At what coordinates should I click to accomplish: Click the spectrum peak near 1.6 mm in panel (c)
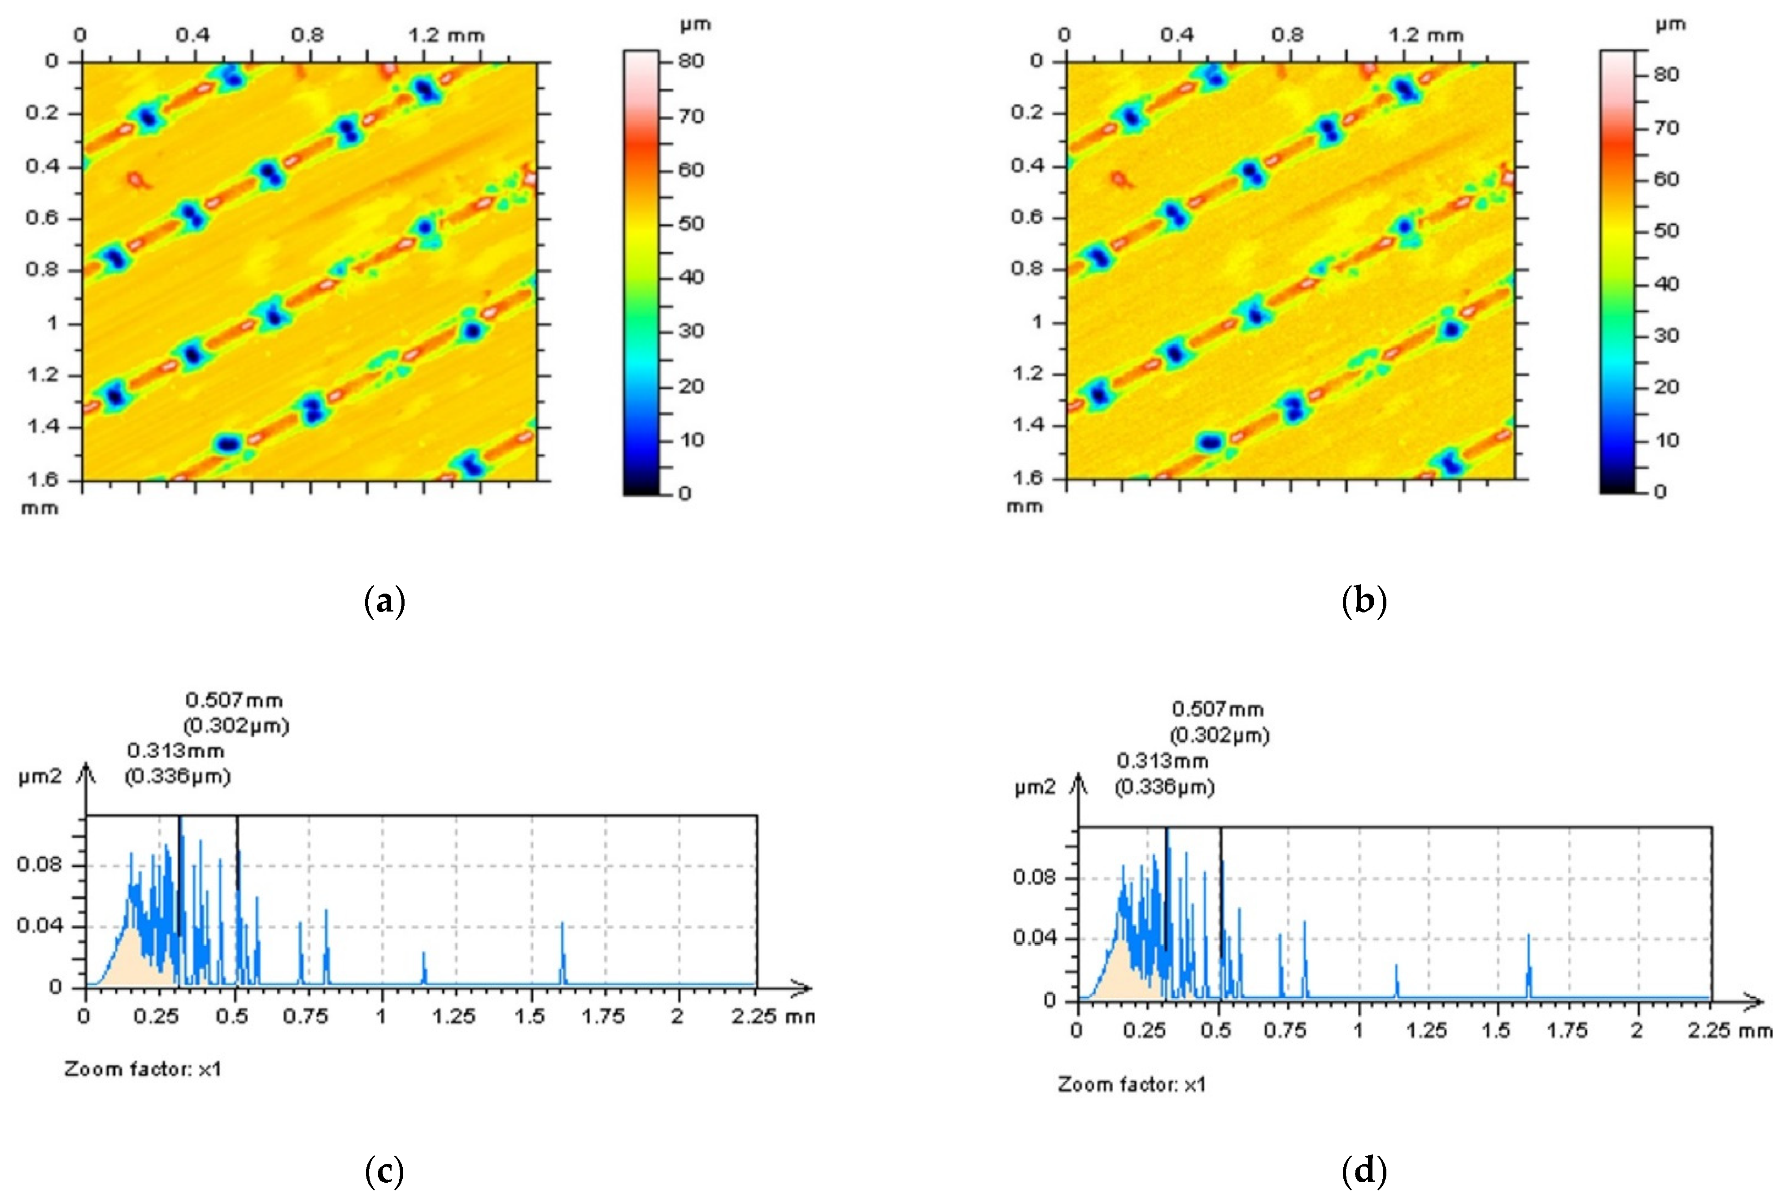(562, 925)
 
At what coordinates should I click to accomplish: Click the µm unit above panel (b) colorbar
(1670, 25)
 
